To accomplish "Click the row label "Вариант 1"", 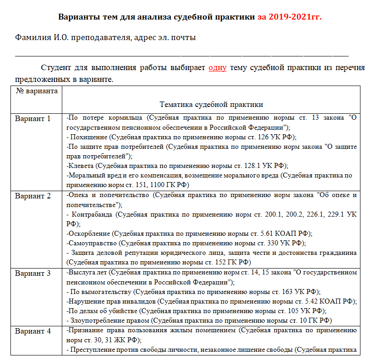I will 33,119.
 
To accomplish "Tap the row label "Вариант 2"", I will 33,196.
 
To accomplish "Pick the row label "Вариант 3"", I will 33,274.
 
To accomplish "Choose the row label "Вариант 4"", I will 33,331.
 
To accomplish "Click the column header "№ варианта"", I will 37,91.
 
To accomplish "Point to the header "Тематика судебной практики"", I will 211,105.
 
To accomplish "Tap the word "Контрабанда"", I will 94,213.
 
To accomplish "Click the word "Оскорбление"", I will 89,233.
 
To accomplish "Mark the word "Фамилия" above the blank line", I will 30,37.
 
